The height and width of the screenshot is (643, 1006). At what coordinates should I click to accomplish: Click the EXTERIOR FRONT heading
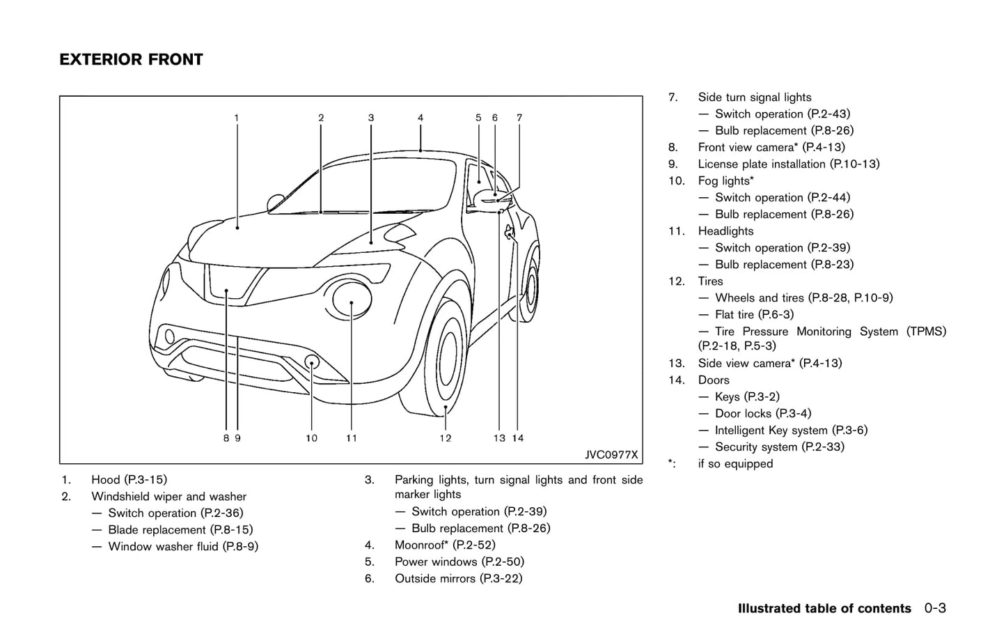(131, 60)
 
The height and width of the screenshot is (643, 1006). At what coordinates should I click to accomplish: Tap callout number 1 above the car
(237, 118)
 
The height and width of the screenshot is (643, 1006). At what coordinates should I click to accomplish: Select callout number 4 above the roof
(421, 118)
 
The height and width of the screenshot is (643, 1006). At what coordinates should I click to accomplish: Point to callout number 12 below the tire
(445, 438)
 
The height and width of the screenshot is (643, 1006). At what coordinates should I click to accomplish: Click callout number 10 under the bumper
(311, 438)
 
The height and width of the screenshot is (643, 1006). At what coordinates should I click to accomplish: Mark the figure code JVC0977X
(611, 455)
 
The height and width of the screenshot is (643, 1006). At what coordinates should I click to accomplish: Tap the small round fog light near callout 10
(312, 361)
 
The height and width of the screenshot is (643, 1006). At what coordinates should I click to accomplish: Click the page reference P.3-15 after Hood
(146, 479)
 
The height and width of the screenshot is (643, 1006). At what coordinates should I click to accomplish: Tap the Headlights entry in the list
(725, 231)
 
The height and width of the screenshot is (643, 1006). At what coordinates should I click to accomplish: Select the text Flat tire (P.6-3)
(754, 314)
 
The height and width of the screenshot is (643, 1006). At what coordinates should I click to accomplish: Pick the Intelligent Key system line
(791, 430)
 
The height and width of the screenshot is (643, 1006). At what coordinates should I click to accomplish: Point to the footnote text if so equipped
(735, 463)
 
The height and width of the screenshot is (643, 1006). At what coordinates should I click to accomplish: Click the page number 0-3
(935, 608)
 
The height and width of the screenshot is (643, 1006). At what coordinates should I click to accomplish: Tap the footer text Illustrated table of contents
(824, 608)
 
